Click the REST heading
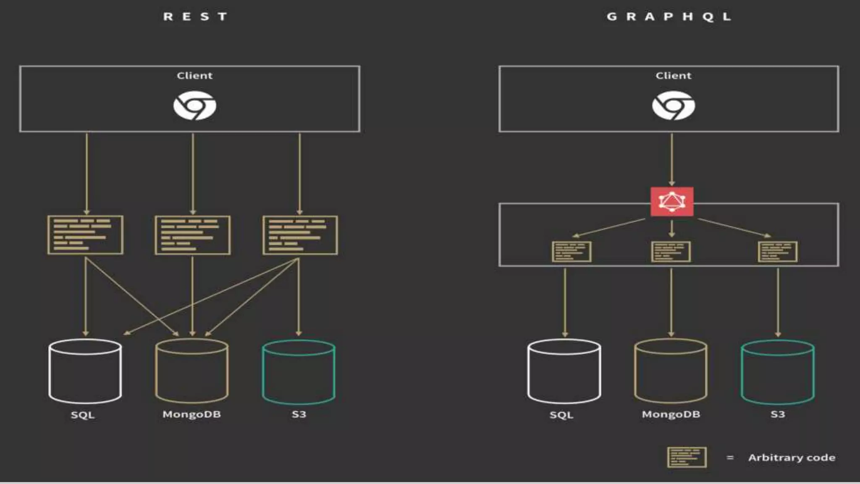(195, 17)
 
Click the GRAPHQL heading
(669, 17)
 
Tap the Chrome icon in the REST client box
(195, 105)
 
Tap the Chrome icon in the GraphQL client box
(673, 105)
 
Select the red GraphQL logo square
(672, 202)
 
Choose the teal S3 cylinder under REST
(299, 372)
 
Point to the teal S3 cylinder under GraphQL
(778, 372)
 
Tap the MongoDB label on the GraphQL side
(671, 414)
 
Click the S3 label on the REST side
(299, 414)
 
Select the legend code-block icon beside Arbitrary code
(687, 457)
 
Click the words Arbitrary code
(792, 457)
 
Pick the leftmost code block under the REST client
(85, 235)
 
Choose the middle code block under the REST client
(193, 235)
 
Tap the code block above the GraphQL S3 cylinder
(778, 252)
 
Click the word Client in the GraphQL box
(673, 76)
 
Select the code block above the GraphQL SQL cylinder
(572, 252)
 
